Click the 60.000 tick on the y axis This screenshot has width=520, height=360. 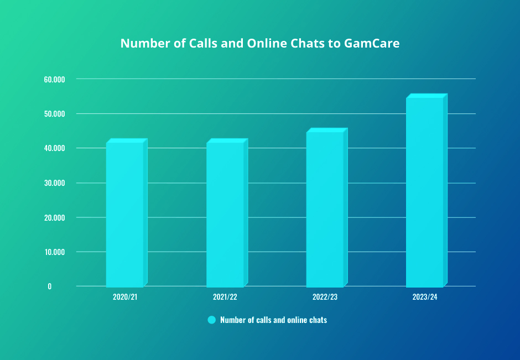pos(55,79)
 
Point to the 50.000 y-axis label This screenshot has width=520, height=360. pos(55,114)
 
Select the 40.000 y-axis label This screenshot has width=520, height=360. pos(55,148)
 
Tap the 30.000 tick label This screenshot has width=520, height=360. pos(55,183)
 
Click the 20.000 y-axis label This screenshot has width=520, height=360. pos(55,217)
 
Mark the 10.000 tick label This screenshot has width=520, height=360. pos(55,252)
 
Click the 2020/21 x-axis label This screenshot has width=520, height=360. pos(125,297)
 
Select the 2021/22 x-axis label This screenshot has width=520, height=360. pos(225,297)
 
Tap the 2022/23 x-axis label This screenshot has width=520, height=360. pos(325,297)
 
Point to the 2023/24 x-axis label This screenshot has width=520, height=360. pos(425,297)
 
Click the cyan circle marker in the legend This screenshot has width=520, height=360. pos(211,320)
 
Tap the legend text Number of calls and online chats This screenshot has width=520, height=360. pos(273,320)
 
